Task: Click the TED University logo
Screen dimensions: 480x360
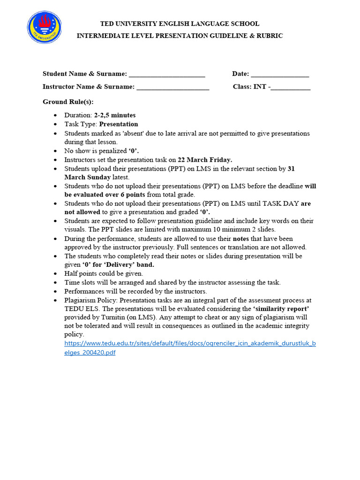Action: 45,28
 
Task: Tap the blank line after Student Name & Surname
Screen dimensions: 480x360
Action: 167,75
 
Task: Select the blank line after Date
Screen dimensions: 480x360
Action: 280,75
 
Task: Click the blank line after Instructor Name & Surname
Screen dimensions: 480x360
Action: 173,87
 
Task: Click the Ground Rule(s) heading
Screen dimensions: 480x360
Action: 68,102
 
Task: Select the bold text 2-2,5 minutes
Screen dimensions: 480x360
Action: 115,115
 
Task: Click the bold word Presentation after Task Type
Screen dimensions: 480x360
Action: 119,124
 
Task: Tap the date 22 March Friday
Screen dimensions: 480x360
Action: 205,160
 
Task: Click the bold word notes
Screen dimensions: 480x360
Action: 241,239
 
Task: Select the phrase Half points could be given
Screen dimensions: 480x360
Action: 104,274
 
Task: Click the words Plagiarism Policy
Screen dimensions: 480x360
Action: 91,300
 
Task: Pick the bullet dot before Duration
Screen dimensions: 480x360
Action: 56,115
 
